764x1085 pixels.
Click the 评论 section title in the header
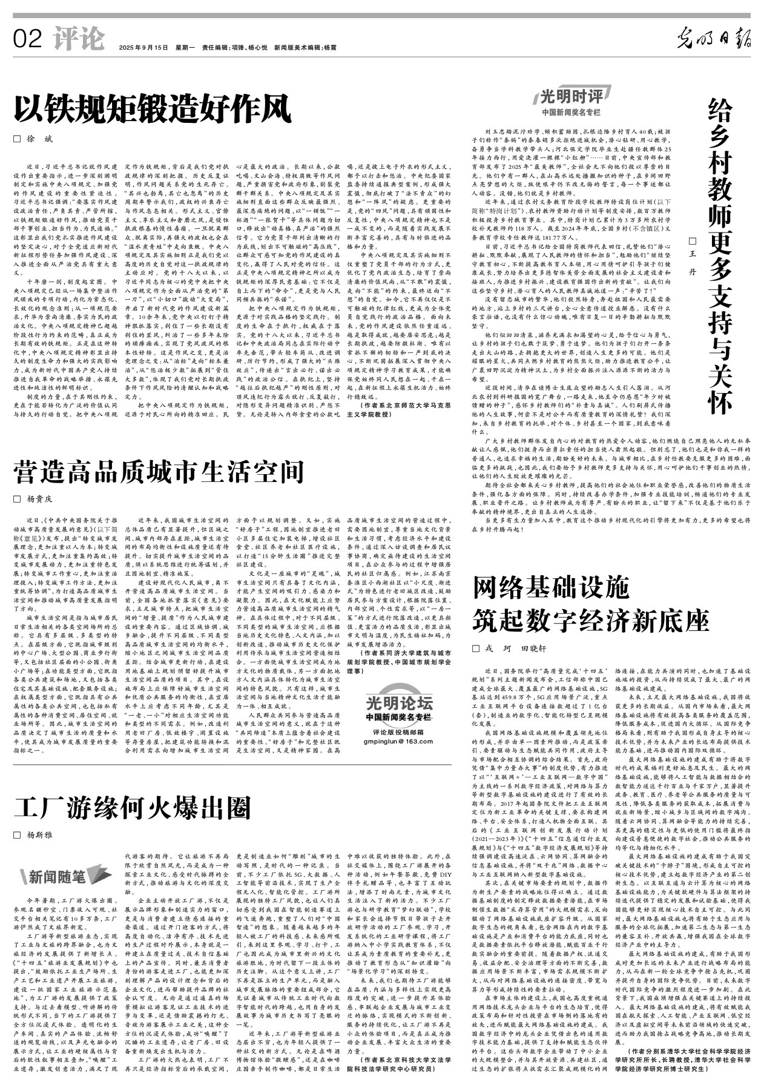coord(78,39)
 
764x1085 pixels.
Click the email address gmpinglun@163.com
coord(399,741)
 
